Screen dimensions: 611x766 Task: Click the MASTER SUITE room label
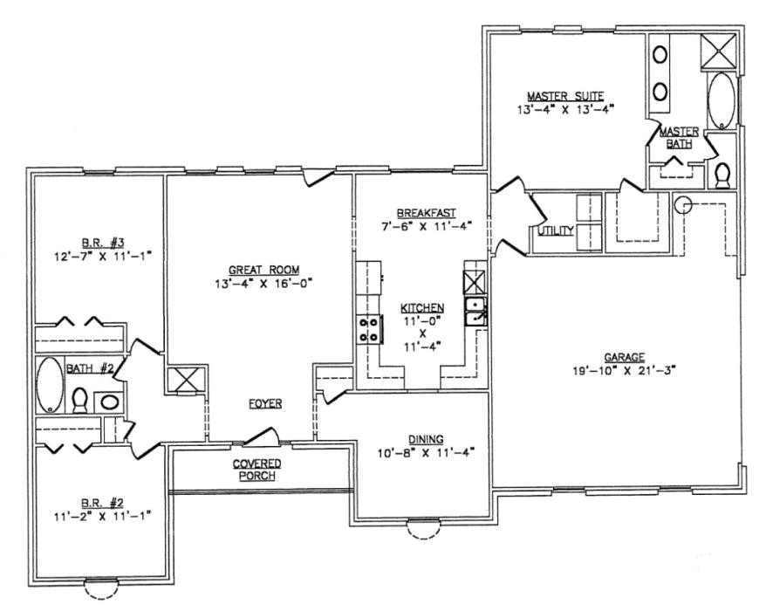click(564, 96)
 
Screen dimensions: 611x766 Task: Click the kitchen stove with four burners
click(369, 328)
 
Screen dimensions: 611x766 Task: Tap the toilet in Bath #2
click(79, 401)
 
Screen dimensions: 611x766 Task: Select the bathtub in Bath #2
click(49, 384)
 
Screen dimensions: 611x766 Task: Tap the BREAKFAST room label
click(426, 212)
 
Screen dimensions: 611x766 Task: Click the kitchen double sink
click(475, 311)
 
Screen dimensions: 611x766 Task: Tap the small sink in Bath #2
click(108, 402)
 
